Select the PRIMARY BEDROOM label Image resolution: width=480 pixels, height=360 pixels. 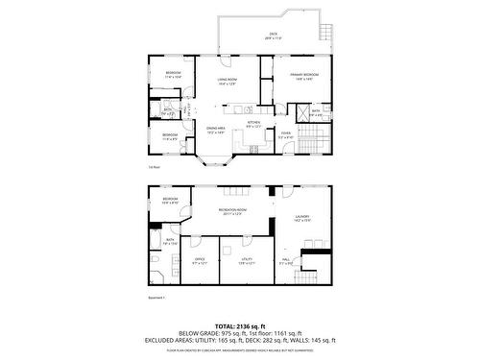click(x=305, y=74)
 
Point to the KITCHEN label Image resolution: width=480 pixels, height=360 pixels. click(x=253, y=123)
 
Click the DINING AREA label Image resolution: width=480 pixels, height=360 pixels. click(x=215, y=131)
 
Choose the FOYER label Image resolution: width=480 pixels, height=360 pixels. click(x=285, y=133)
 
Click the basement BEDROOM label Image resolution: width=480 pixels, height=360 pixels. click(x=169, y=200)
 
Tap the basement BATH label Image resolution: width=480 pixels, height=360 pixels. click(x=170, y=240)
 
